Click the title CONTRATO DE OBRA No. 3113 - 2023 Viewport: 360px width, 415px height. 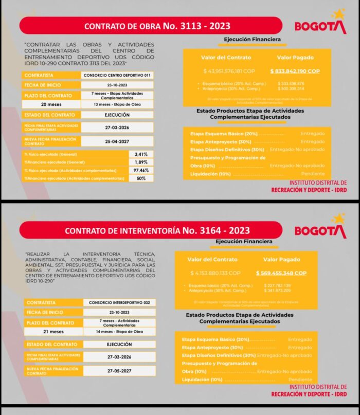point(150,26)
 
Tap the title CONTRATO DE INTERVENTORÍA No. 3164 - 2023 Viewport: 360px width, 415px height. point(150,230)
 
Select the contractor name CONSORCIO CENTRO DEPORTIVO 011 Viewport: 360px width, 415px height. point(117,75)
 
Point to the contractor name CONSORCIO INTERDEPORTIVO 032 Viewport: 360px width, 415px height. point(119,303)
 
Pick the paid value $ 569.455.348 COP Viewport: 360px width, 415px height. point(281,273)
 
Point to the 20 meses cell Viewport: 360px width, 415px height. point(52,104)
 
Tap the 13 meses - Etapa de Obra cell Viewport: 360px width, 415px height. point(117,104)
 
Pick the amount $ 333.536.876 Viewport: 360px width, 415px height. point(291,83)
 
